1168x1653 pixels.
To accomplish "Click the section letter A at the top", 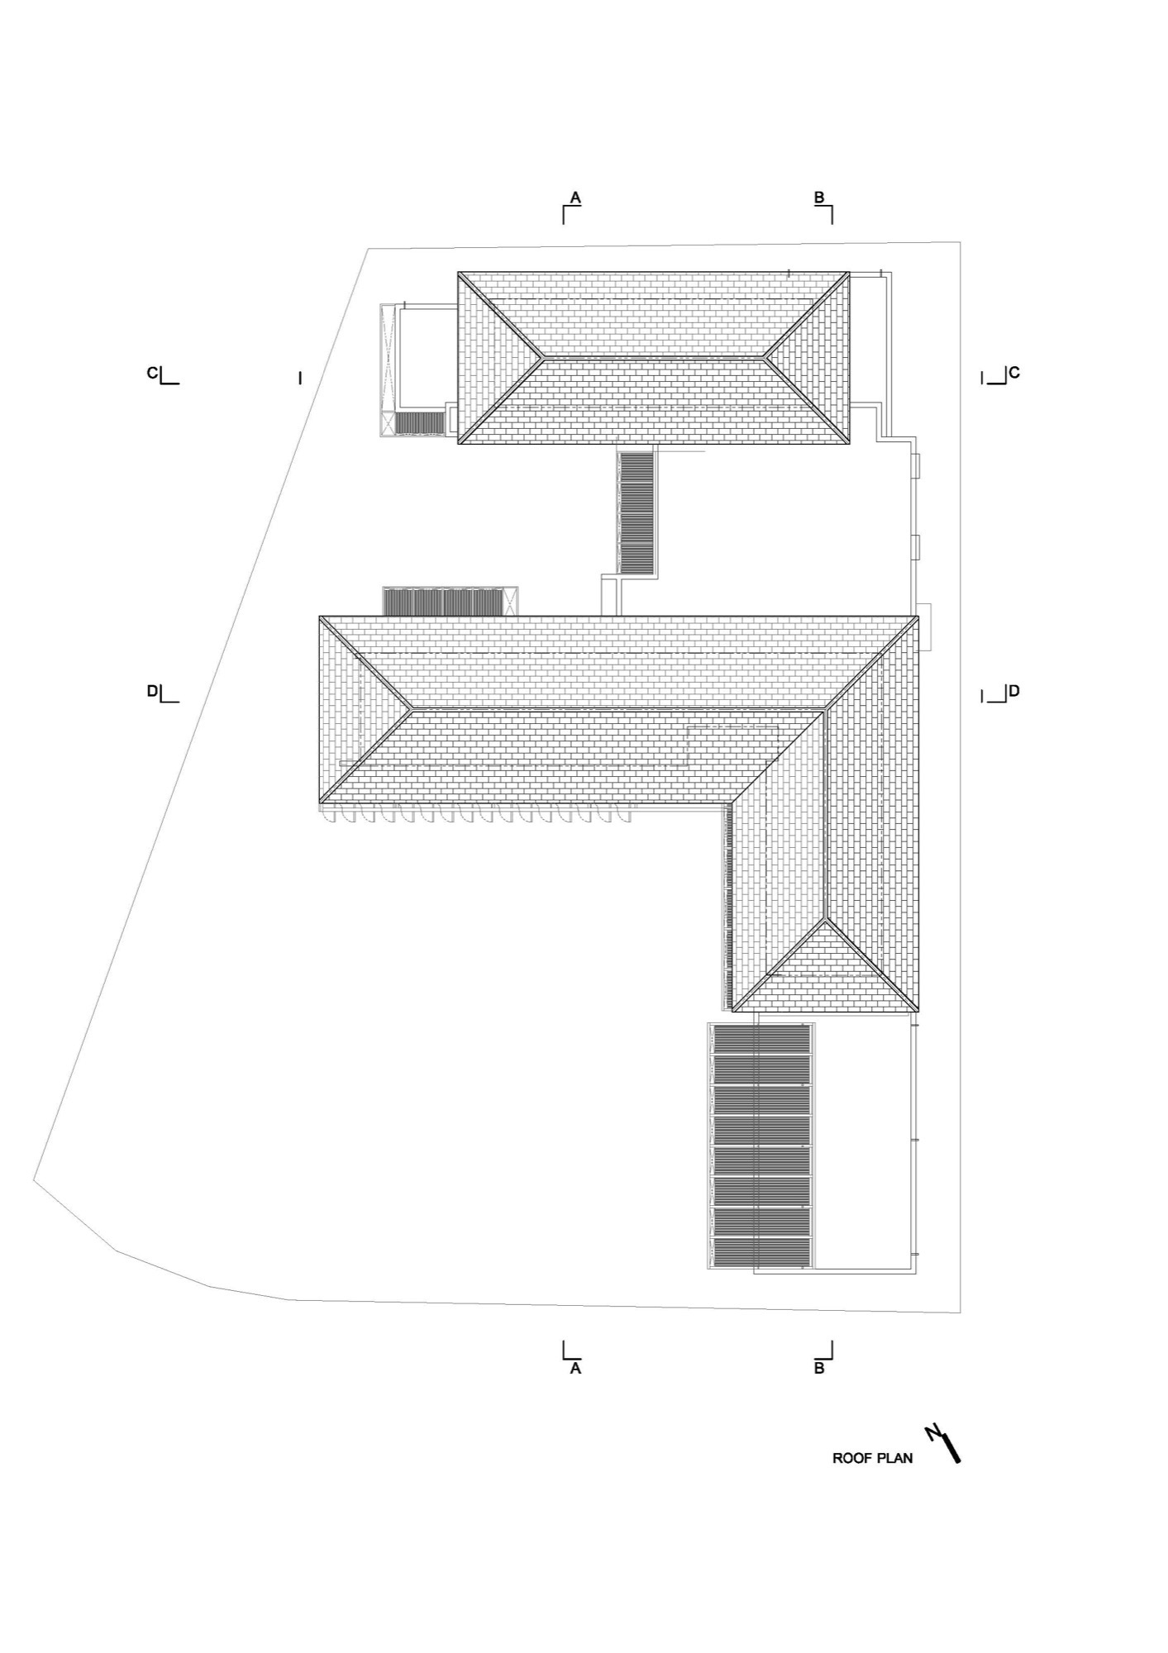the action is [x=576, y=198].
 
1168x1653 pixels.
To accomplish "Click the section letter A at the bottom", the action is [x=576, y=1369].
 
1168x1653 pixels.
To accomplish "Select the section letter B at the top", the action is [x=819, y=198].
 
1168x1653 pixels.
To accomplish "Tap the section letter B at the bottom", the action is [x=819, y=1369].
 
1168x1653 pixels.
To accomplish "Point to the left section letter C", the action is [x=152, y=374].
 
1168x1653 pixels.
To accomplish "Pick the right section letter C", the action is [x=1014, y=374].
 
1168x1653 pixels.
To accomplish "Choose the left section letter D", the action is [x=152, y=691].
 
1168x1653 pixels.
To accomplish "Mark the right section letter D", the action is [x=1014, y=691].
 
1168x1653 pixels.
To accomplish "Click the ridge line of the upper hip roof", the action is [x=653, y=358].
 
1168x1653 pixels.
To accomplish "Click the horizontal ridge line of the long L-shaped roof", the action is [x=619, y=709].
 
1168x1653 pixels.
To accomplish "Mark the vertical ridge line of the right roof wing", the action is [x=826, y=814].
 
